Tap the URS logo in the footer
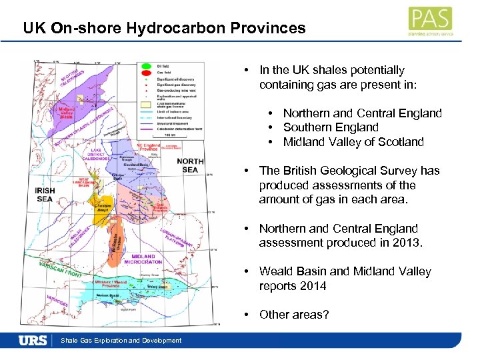[33, 340]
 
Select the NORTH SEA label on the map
[190, 165]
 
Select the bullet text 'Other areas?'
[293, 314]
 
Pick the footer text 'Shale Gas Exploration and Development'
[121, 341]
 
